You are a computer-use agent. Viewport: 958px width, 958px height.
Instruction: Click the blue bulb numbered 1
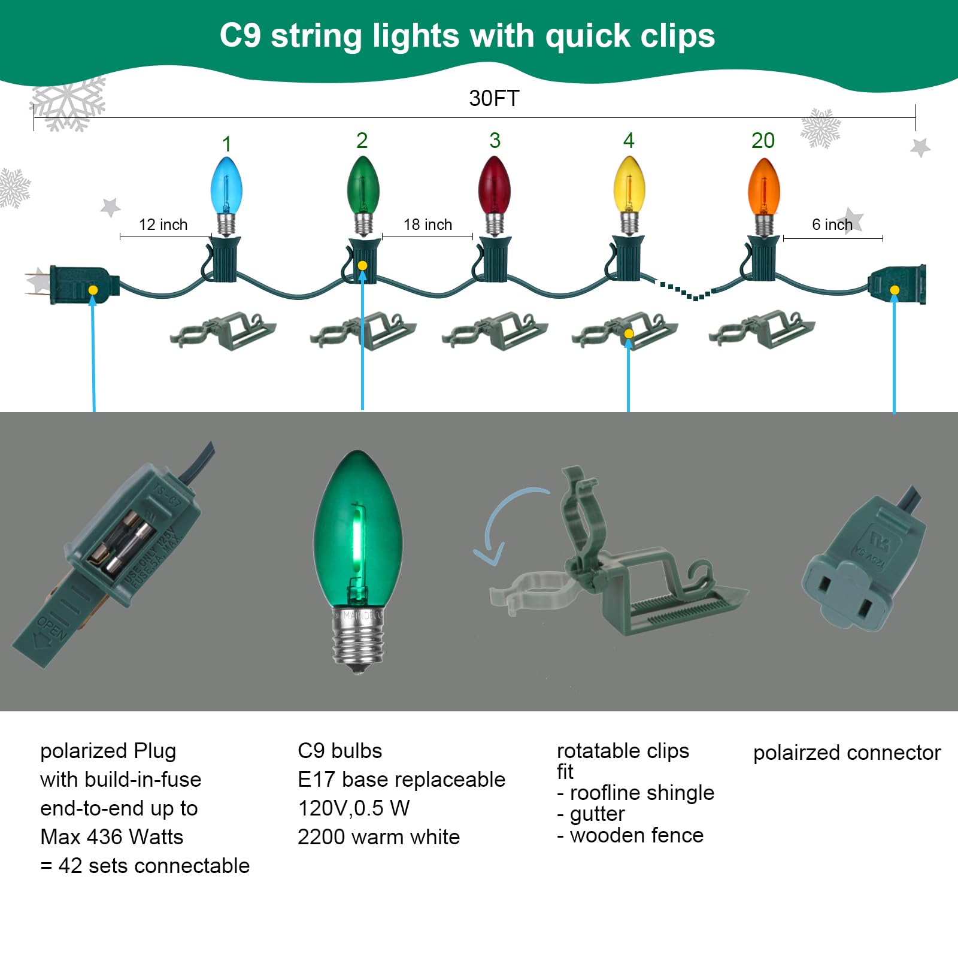tap(226, 186)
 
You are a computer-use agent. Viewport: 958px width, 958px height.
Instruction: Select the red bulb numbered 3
tap(494, 185)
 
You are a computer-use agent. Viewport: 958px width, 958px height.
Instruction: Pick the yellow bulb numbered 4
tap(629, 185)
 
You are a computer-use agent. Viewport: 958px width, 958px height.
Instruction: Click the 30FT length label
tap(494, 98)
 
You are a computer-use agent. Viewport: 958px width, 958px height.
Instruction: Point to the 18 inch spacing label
tap(428, 225)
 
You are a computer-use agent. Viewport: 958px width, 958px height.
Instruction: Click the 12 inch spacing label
tap(163, 225)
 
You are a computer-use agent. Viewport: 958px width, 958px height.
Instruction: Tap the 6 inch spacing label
tap(832, 225)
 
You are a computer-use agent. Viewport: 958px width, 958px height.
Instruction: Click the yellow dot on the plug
tap(93, 290)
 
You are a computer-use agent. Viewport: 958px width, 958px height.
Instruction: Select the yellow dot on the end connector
tap(895, 290)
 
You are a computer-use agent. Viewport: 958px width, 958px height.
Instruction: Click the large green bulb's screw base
tap(358, 641)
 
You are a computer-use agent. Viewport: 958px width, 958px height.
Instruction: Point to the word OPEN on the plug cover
tap(52, 628)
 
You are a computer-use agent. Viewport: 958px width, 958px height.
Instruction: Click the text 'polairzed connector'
tap(847, 753)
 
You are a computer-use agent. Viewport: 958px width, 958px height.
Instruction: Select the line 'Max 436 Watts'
tap(111, 836)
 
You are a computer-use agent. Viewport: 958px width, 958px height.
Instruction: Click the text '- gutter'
tap(591, 814)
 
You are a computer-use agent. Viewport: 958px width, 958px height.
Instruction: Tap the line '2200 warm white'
tap(378, 836)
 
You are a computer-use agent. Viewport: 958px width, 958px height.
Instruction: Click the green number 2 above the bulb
tap(362, 141)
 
